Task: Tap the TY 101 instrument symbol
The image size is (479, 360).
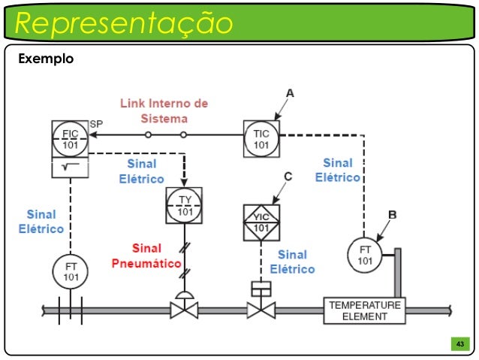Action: point(185,205)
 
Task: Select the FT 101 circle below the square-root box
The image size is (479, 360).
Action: point(71,271)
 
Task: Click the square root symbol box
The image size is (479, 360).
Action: point(70,167)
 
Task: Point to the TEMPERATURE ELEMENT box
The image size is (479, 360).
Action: point(365,310)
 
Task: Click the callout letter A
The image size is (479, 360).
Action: point(290,92)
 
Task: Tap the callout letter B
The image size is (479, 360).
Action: point(391,214)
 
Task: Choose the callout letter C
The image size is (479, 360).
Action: point(288,177)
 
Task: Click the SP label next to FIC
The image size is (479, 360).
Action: point(96,123)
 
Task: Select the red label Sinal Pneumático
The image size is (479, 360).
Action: point(146,256)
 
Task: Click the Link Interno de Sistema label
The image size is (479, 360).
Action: point(165,110)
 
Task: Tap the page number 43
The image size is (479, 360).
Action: point(459,344)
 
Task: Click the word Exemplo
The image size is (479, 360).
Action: point(45,58)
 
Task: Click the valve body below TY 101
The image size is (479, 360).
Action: point(184,310)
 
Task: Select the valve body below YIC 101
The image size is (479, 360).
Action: point(261,310)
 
